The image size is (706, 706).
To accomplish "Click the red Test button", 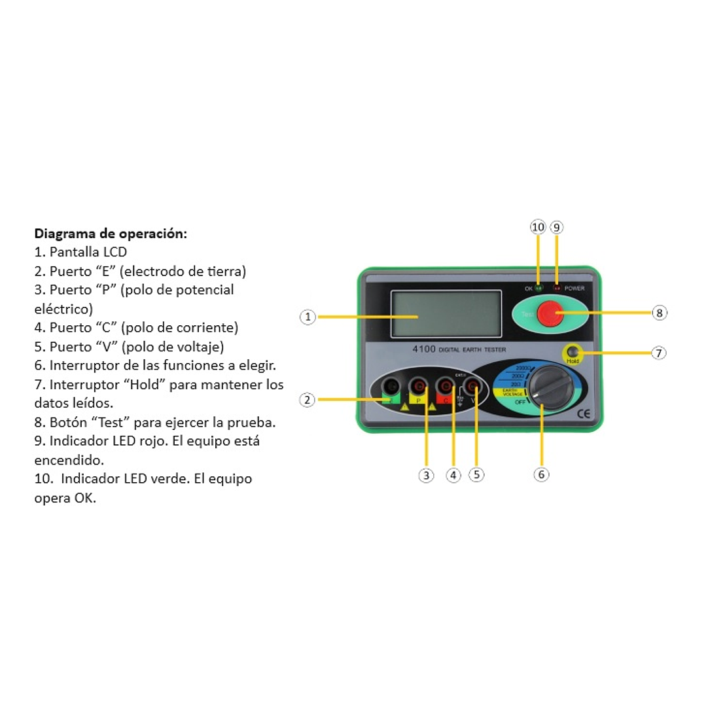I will [x=550, y=313].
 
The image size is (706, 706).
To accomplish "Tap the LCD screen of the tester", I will [x=436, y=313].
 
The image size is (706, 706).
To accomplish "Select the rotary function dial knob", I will [x=550, y=388].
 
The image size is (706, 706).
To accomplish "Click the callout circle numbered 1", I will [x=308, y=317].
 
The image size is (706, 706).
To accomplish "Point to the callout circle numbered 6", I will [x=541, y=474].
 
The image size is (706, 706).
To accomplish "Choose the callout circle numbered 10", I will [x=538, y=227].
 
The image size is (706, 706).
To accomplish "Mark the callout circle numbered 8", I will [x=659, y=313].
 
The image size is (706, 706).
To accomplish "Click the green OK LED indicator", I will [x=538, y=288].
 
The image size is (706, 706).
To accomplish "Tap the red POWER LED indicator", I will [x=557, y=288].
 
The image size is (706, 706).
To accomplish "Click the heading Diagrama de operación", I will [x=111, y=234].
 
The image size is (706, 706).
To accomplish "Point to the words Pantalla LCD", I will [x=88, y=252].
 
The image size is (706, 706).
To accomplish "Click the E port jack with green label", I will [x=391, y=387].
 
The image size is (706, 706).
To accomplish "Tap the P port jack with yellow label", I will [x=417, y=387].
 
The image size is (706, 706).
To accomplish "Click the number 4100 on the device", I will [x=424, y=349].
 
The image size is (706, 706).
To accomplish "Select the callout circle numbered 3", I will [x=426, y=476].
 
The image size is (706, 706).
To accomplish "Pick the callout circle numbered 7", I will [x=659, y=353].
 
